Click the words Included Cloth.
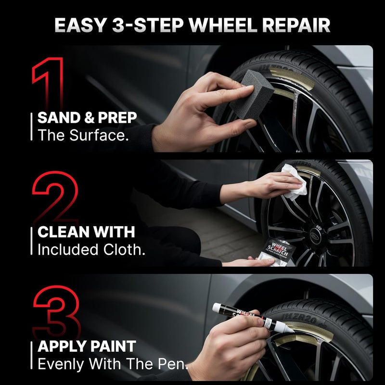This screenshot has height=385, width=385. tap(91, 250)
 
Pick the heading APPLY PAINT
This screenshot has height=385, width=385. tap(87, 346)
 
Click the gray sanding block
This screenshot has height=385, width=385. tap(251, 98)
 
